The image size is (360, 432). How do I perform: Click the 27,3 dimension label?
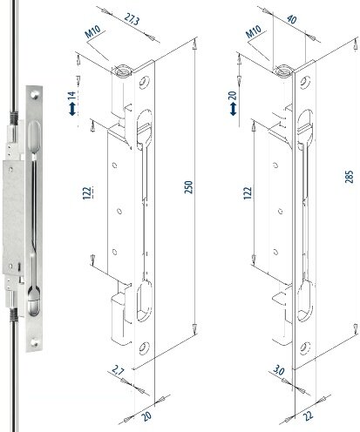pos(132,20)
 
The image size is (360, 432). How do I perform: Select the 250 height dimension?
pos(188,187)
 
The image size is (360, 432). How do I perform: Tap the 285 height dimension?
pos(349,177)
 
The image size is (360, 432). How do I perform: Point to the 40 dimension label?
pos(291,19)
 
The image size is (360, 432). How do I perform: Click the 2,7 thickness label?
pos(118,371)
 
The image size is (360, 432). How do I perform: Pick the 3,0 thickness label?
pos(279,372)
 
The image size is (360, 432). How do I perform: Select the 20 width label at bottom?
pos(146,416)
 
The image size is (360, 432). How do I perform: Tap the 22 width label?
pos(308,415)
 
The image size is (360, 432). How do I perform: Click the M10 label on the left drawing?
pos(92,31)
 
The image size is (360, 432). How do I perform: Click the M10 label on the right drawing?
pos(254,31)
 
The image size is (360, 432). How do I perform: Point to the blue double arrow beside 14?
pos(72,110)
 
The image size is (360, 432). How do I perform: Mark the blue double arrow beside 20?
pos(233,110)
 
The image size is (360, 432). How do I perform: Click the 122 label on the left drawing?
pos(87,193)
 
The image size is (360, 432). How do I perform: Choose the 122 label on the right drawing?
pos(248,193)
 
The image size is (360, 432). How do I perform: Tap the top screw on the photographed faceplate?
pos(35,95)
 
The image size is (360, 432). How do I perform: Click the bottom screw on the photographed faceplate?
pos(34,343)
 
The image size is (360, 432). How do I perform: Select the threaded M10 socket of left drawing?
pos(122,71)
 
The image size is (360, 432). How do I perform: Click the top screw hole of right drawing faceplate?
pos(304,82)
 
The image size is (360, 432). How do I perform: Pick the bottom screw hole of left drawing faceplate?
pos(144,348)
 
